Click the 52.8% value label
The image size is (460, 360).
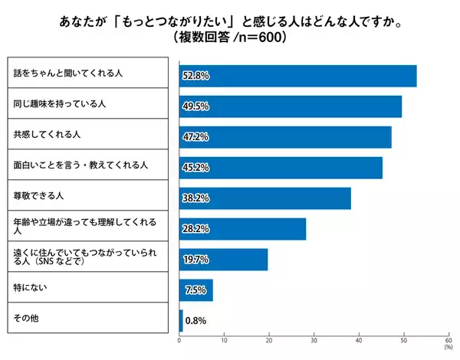click(195, 76)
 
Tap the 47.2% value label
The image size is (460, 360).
click(195, 136)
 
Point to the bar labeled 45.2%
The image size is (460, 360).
click(281, 167)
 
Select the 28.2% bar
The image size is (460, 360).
click(242, 228)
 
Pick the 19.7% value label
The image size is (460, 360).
click(195, 259)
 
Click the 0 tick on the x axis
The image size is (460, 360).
click(179, 342)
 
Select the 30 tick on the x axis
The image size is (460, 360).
click(314, 342)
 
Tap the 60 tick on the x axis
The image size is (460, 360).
click(448, 342)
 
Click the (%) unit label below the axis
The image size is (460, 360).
click(448, 349)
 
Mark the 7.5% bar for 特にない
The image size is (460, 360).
click(195, 290)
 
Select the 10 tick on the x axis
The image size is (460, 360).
click(224, 342)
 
